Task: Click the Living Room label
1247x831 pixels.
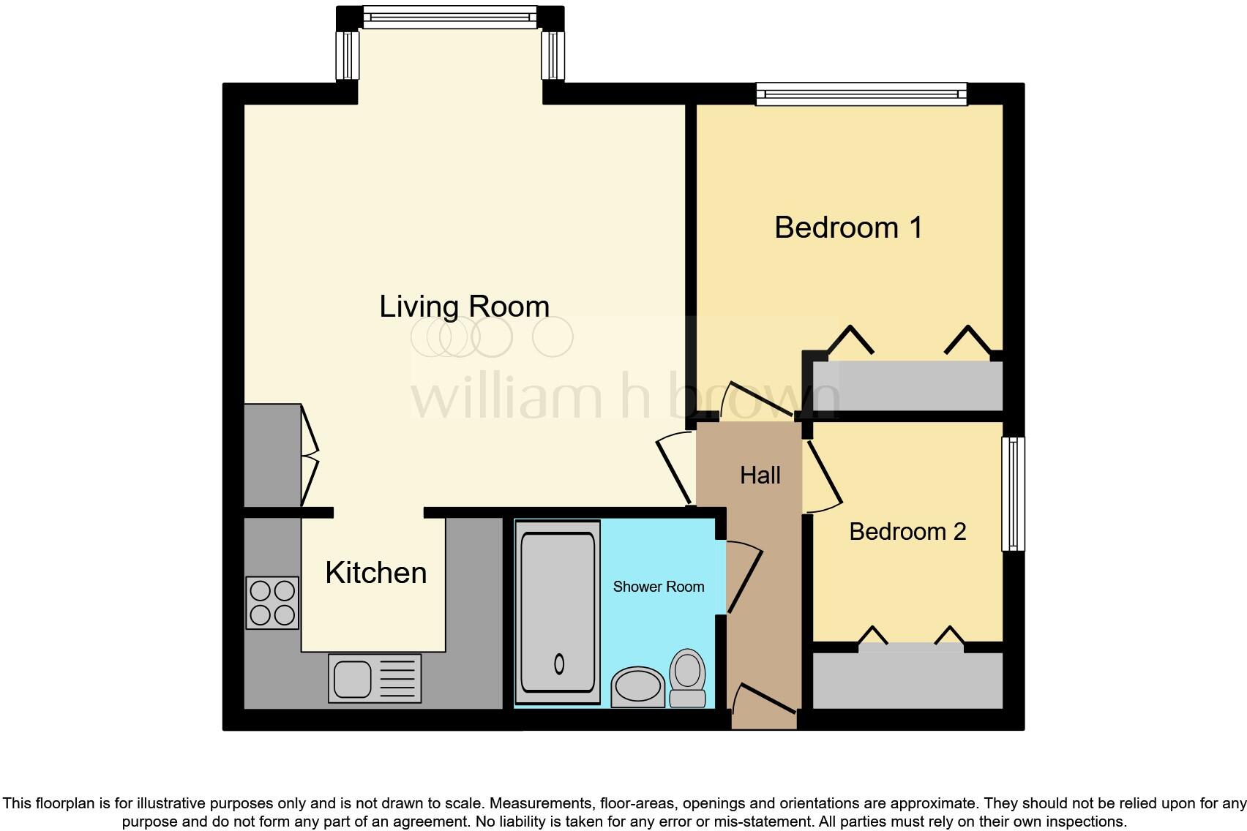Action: tap(464, 307)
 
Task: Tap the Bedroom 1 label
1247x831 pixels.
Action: tap(848, 228)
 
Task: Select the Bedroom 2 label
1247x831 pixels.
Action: tap(907, 531)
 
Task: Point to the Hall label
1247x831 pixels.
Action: tap(760, 475)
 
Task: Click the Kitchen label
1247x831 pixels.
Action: tap(375, 573)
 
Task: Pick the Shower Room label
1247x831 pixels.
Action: tap(658, 587)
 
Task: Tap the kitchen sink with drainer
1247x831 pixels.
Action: tap(375, 678)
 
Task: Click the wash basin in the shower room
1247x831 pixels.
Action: tap(637, 687)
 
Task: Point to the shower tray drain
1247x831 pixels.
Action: tap(560, 663)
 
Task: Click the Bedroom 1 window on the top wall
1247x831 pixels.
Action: tap(861, 94)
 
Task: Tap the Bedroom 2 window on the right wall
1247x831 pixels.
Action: tap(1014, 493)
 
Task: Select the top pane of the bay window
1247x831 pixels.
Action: tap(449, 16)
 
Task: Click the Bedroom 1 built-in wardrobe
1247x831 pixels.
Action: tap(907, 386)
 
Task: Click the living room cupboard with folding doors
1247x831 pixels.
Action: tap(272, 455)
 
